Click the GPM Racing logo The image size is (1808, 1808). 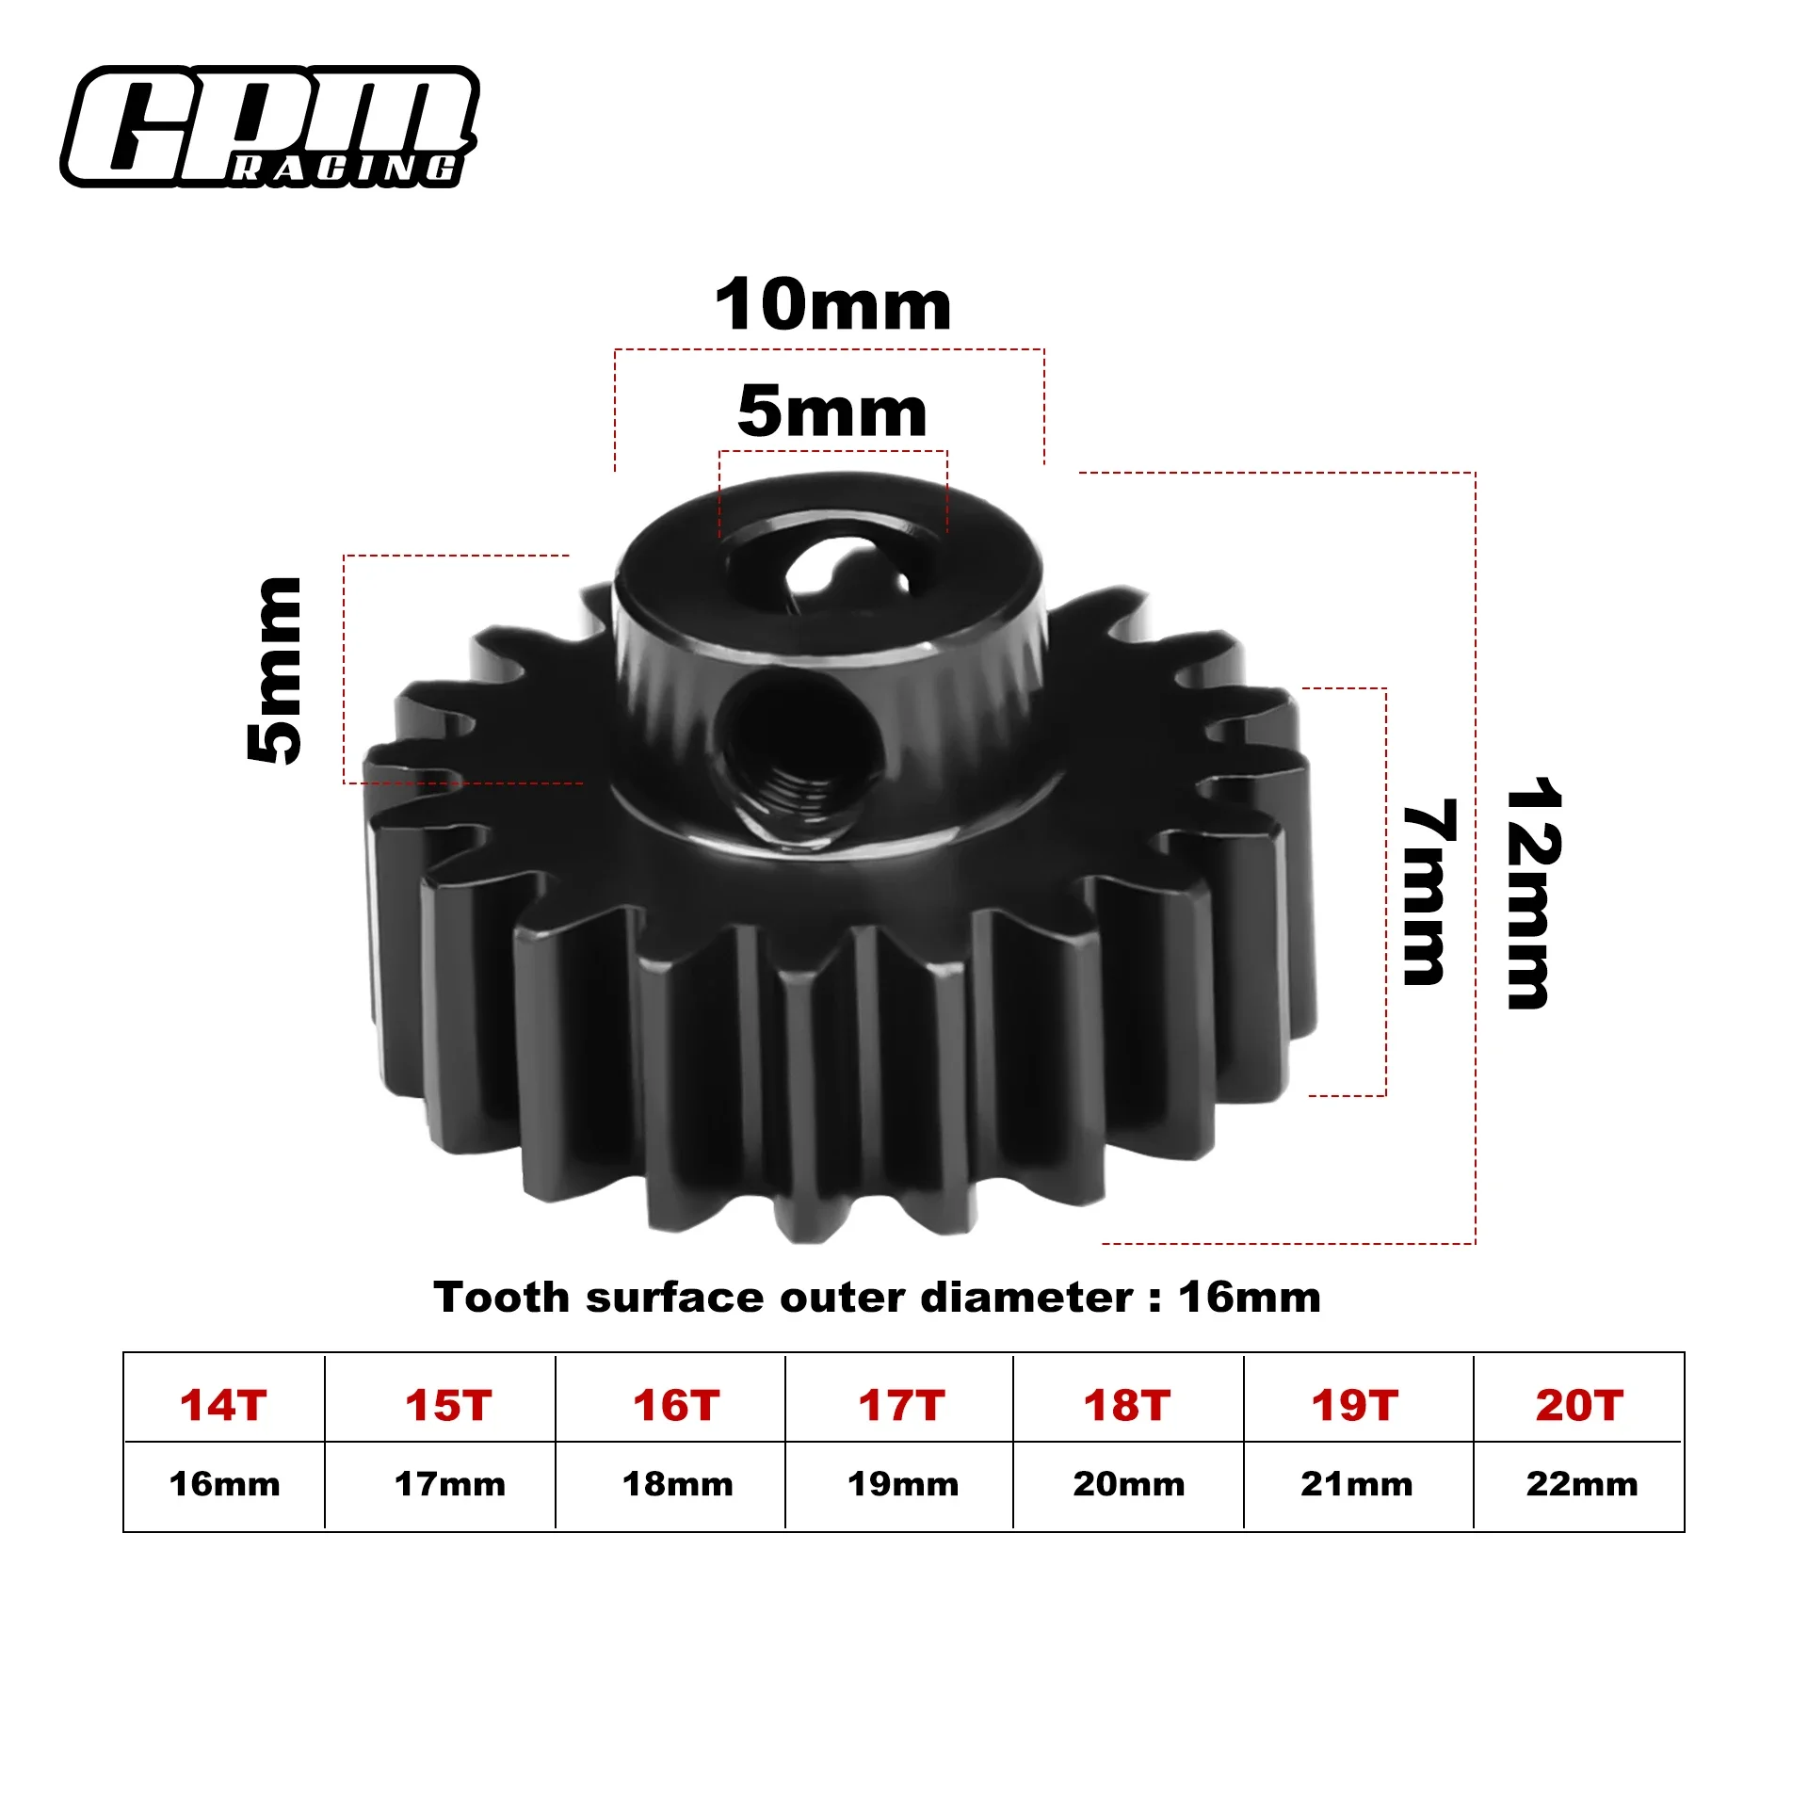coord(270,126)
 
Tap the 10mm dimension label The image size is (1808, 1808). coord(833,306)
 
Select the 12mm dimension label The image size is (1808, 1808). coord(1533,894)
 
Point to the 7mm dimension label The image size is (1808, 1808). coord(1429,893)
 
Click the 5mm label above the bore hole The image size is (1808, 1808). coord(832,412)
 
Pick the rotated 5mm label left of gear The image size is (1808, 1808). coord(275,670)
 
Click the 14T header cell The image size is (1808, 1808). coord(224,1405)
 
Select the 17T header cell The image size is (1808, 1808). coord(901,1405)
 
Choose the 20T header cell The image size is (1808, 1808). coord(1580,1405)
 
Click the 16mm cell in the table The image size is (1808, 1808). coord(224,1484)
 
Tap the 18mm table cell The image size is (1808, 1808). coord(678,1484)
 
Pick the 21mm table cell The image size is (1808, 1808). coord(1357,1484)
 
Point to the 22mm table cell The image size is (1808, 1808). coord(1582,1484)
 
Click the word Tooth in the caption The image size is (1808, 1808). coord(501,1298)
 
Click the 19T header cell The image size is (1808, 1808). coord(1355,1405)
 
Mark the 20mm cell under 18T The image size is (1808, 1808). coord(1129,1484)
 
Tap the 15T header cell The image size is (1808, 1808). coord(449,1405)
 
